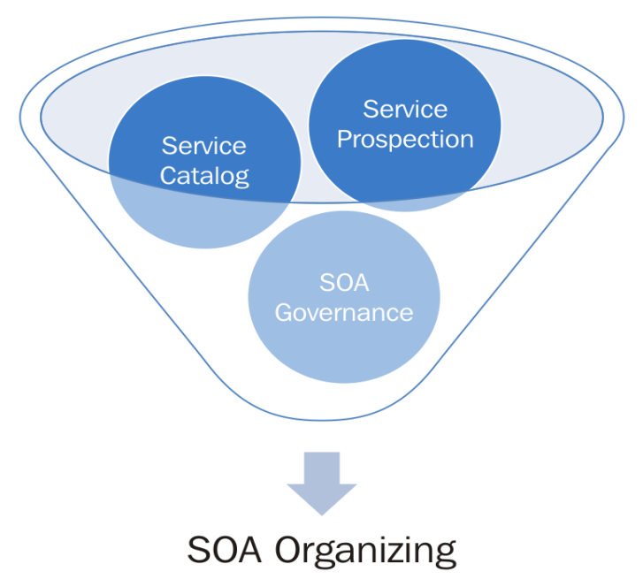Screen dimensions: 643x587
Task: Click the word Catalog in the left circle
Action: tap(204, 177)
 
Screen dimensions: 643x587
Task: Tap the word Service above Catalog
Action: tap(203, 146)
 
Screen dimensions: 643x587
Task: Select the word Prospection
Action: tap(405, 140)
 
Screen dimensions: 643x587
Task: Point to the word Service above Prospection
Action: tap(405, 109)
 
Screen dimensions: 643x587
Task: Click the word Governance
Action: tap(344, 313)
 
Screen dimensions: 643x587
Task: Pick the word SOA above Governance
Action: tap(344, 282)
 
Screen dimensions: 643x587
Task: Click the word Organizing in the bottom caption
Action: tap(365, 552)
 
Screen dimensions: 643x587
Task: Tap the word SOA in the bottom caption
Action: tap(224, 549)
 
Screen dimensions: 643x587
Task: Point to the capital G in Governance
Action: tap(284, 313)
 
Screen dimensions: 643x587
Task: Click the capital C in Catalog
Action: tap(169, 175)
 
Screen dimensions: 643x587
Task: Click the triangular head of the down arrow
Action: tap(322, 499)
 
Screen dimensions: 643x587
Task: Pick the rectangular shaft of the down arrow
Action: tap(322, 468)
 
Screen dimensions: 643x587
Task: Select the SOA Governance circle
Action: tap(344, 297)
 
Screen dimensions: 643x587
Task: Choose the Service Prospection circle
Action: tap(405, 125)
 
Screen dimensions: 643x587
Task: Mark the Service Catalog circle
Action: tap(204, 163)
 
